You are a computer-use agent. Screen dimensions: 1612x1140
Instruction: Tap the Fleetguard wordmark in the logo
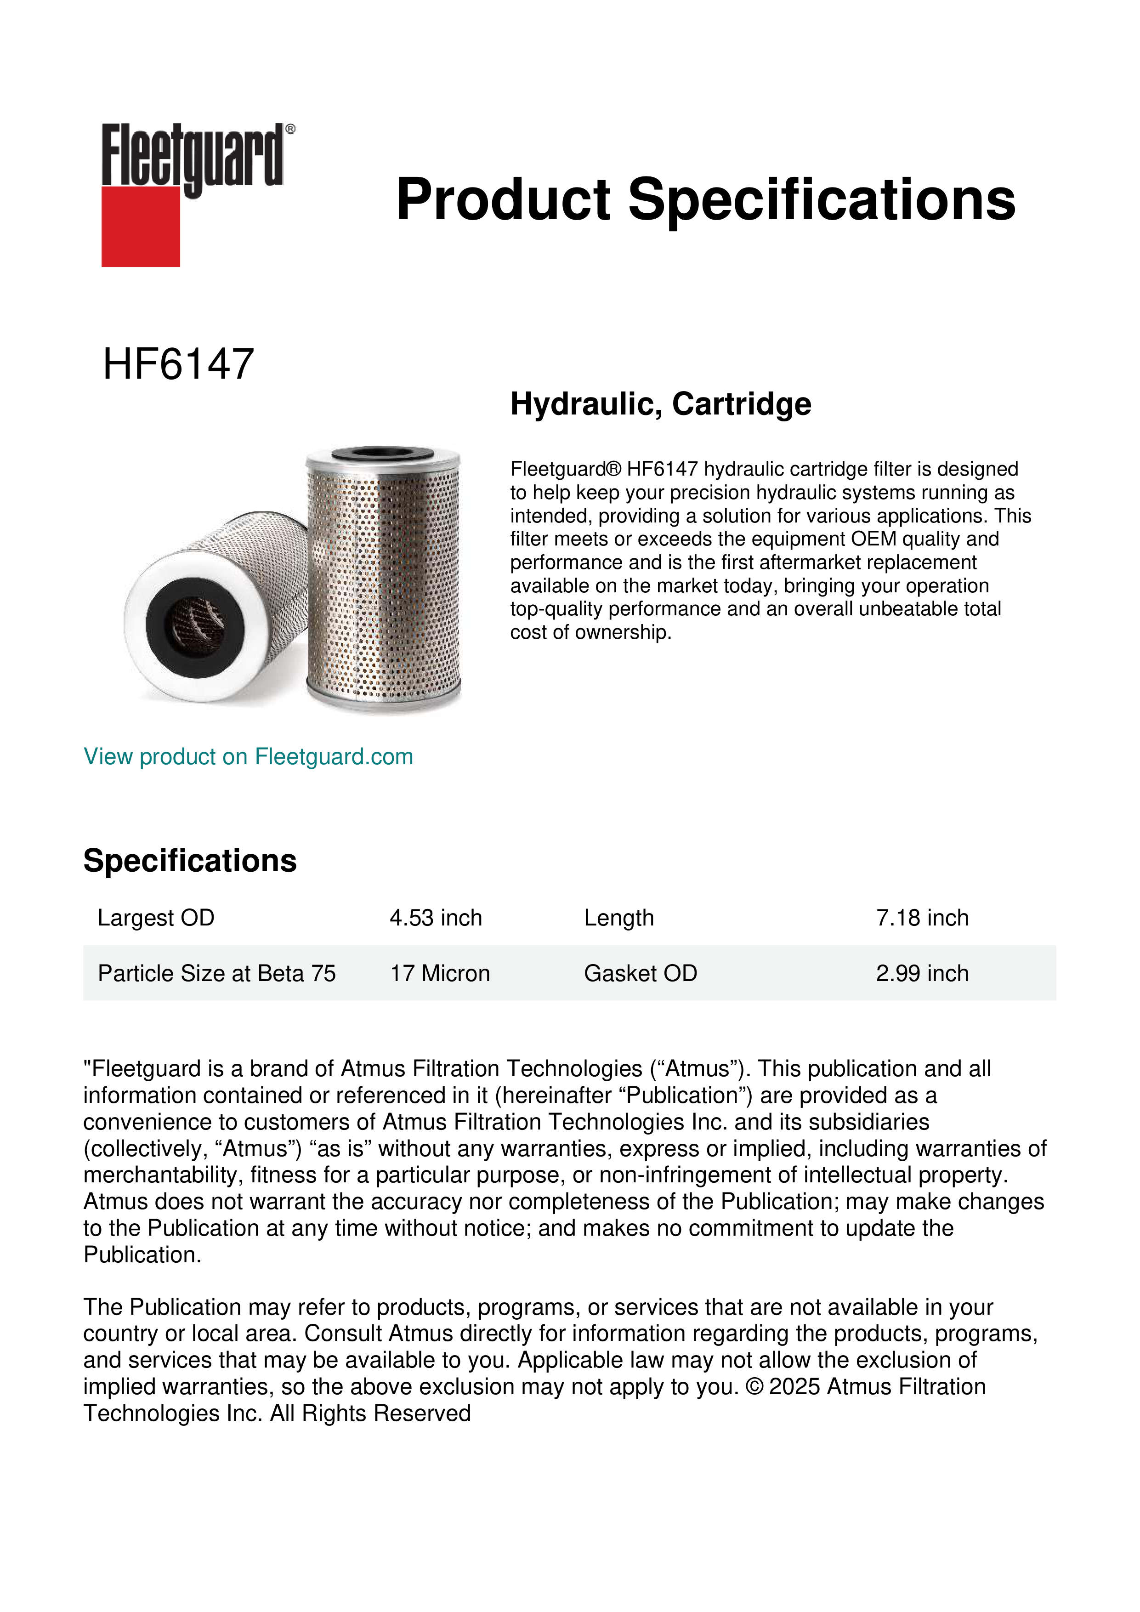[x=193, y=156]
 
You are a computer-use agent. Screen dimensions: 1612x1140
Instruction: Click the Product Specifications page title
[x=705, y=199]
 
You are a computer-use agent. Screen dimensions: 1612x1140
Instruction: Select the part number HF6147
[x=178, y=364]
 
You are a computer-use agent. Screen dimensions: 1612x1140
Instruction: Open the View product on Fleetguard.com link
[x=248, y=757]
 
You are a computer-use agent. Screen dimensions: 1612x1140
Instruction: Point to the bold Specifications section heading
[x=189, y=861]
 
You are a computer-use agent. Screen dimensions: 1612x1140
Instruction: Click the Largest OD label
[x=156, y=918]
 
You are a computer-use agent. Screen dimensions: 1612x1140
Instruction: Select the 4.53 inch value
[x=436, y=918]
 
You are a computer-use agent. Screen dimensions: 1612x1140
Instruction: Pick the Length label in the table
[x=618, y=918]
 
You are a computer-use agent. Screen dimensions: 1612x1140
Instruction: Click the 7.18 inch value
[x=922, y=918]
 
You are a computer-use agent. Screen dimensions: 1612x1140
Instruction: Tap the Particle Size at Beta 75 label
[x=216, y=973]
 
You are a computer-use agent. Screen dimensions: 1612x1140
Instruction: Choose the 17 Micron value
[x=439, y=973]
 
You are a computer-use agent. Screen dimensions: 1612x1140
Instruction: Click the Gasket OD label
[x=640, y=973]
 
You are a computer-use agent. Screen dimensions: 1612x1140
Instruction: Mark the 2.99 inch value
[x=922, y=973]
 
